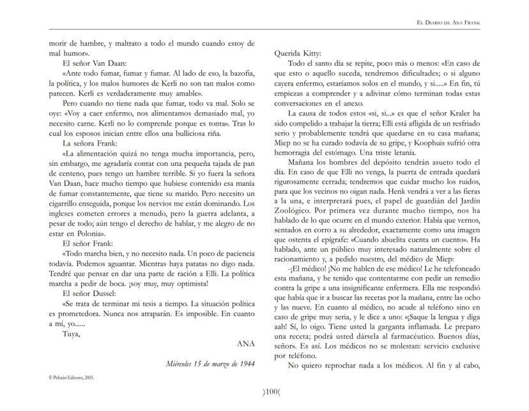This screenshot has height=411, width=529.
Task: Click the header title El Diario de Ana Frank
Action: click(x=448, y=23)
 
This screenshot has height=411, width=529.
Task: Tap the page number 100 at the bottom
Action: click(x=264, y=391)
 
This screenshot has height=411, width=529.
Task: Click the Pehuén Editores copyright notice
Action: click(x=72, y=377)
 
